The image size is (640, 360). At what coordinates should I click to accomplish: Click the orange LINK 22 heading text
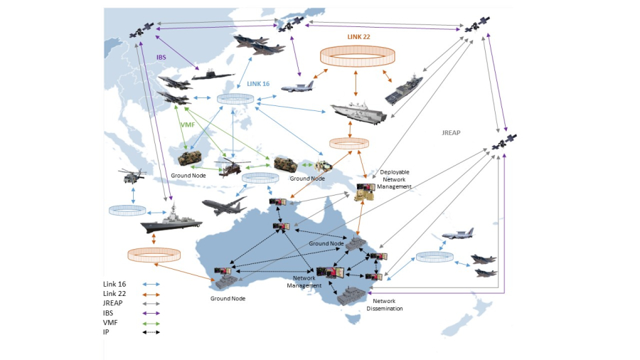pos(358,37)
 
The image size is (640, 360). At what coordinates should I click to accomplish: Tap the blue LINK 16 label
pos(258,83)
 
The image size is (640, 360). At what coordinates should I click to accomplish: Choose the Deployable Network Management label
pos(395,179)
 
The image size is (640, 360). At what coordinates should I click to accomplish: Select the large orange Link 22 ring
pos(357,56)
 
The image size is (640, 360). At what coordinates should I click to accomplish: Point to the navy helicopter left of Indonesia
pos(133,174)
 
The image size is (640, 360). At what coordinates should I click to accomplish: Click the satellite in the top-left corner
pos(141,31)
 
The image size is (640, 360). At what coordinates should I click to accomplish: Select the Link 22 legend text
pos(114,294)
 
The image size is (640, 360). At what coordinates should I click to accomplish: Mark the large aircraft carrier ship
pos(358,112)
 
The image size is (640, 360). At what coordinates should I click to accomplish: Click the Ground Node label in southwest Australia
pos(228,298)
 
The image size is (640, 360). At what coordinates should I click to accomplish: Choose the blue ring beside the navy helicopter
pos(127,211)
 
